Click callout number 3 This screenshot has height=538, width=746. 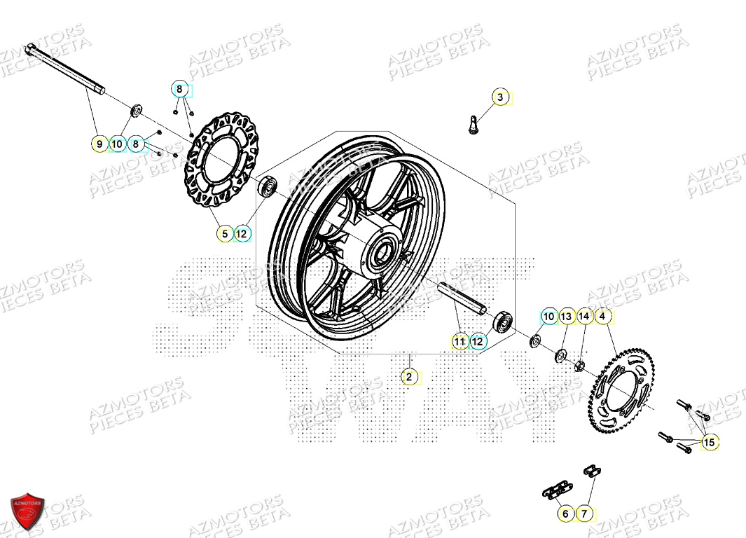(500, 97)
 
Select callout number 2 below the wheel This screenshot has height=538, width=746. (409, 377)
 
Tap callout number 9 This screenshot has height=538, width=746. (99, 145)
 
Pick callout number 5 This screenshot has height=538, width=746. (225, 234)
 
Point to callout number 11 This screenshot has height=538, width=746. (460, 342)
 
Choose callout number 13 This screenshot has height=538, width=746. (566, 317)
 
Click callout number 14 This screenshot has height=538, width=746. (584, 317)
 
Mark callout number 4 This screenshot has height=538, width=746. (602, 317)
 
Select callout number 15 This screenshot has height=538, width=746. (710, 442)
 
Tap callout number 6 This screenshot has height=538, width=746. (566, 513)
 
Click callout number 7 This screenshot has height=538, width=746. (584, 513)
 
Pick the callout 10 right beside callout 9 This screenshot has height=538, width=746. (118, 145)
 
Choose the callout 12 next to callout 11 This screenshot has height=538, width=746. (478, 342)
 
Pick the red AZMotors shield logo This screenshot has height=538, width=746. (28, 509)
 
